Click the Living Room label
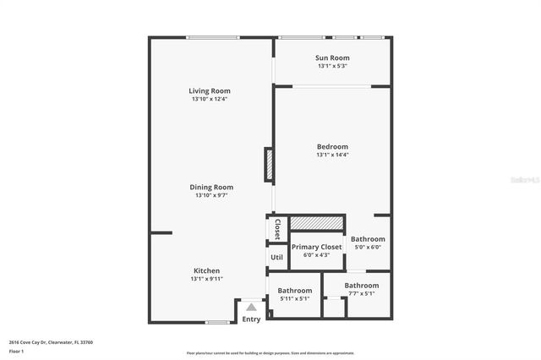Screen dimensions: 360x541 pos(210,90)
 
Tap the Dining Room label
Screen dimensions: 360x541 pos(211,187)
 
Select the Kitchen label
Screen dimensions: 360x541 pos(206,270)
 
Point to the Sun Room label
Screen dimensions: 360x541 pos(333,57)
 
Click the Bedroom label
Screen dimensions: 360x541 pos(332,146)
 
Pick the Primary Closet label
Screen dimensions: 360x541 pos(317,247)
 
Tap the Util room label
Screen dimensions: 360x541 pos(276,257)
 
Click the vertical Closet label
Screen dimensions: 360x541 pos(276,229)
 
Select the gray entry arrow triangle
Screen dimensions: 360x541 pos(251,308)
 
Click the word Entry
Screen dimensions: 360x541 pos(251,319)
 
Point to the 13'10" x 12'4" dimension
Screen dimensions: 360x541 pos(210,99)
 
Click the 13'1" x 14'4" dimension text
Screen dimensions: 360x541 pos(332,155)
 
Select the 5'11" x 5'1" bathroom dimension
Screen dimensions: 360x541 pos(294,298)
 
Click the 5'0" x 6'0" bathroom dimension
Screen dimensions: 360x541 pos(368,248)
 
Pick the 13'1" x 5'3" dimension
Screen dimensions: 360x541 pos(333,66)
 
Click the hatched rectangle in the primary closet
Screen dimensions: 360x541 pos(317,222)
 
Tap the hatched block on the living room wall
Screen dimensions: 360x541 pos(269,164)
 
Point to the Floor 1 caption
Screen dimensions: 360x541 pos(17,350)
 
